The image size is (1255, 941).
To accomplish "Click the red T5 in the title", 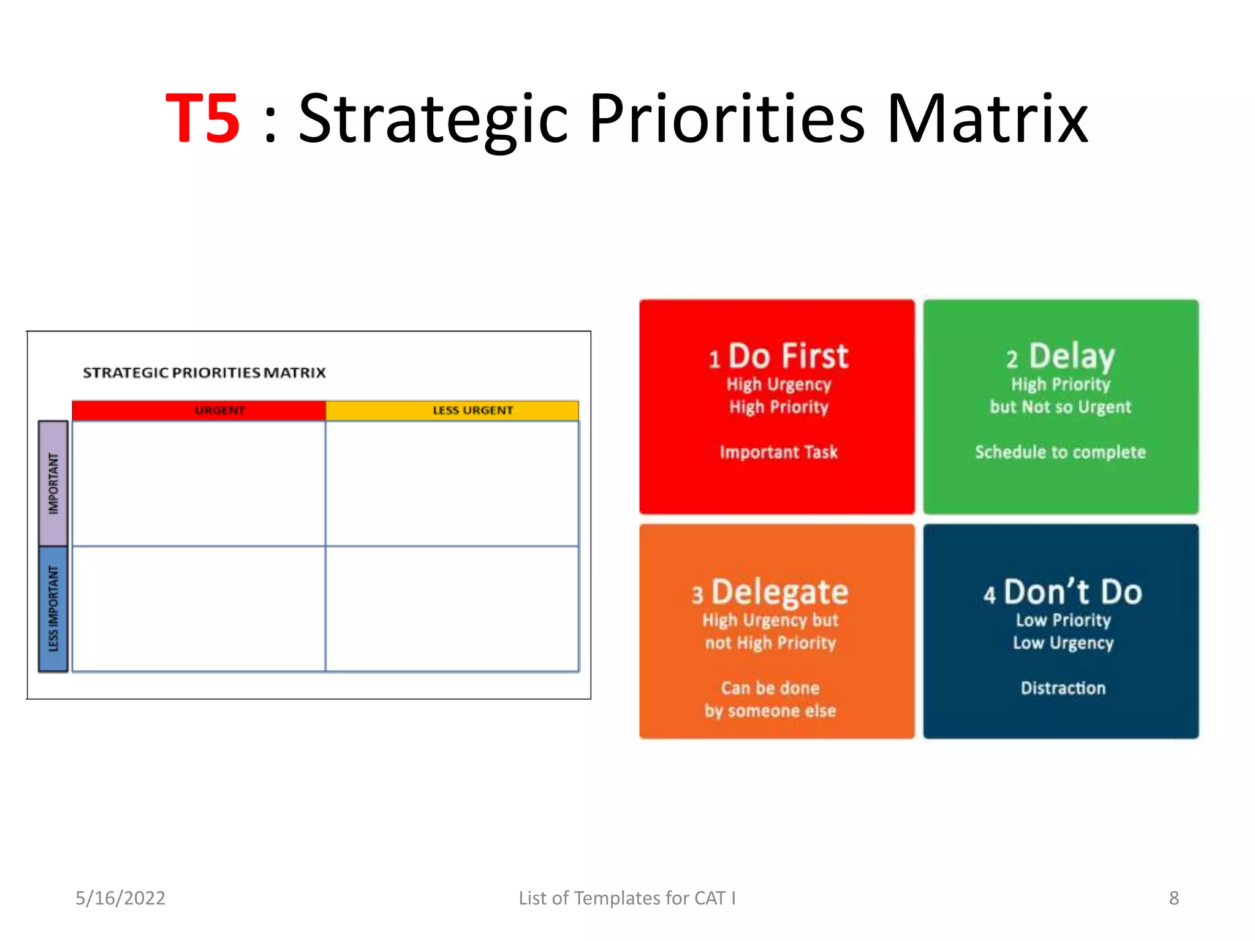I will [203, 119].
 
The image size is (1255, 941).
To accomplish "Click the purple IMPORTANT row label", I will [53, 483].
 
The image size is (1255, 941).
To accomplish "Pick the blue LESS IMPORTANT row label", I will [53, 608].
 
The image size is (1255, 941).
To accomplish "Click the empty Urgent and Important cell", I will [199, 483].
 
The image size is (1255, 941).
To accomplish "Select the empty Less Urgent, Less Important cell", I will [452, 608].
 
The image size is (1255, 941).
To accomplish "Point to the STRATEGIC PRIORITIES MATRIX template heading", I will [204, 372].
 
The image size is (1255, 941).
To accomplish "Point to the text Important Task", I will [778, 452].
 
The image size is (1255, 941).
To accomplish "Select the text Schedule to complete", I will [1060, 452].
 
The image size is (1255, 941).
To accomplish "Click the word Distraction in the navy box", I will [1063, 688].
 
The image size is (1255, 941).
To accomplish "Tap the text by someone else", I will [770, 711].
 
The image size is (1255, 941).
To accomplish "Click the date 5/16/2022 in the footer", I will [120, 898].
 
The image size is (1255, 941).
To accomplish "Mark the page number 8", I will [1173, 898].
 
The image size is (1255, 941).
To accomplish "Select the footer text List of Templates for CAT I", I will [627, 898].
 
